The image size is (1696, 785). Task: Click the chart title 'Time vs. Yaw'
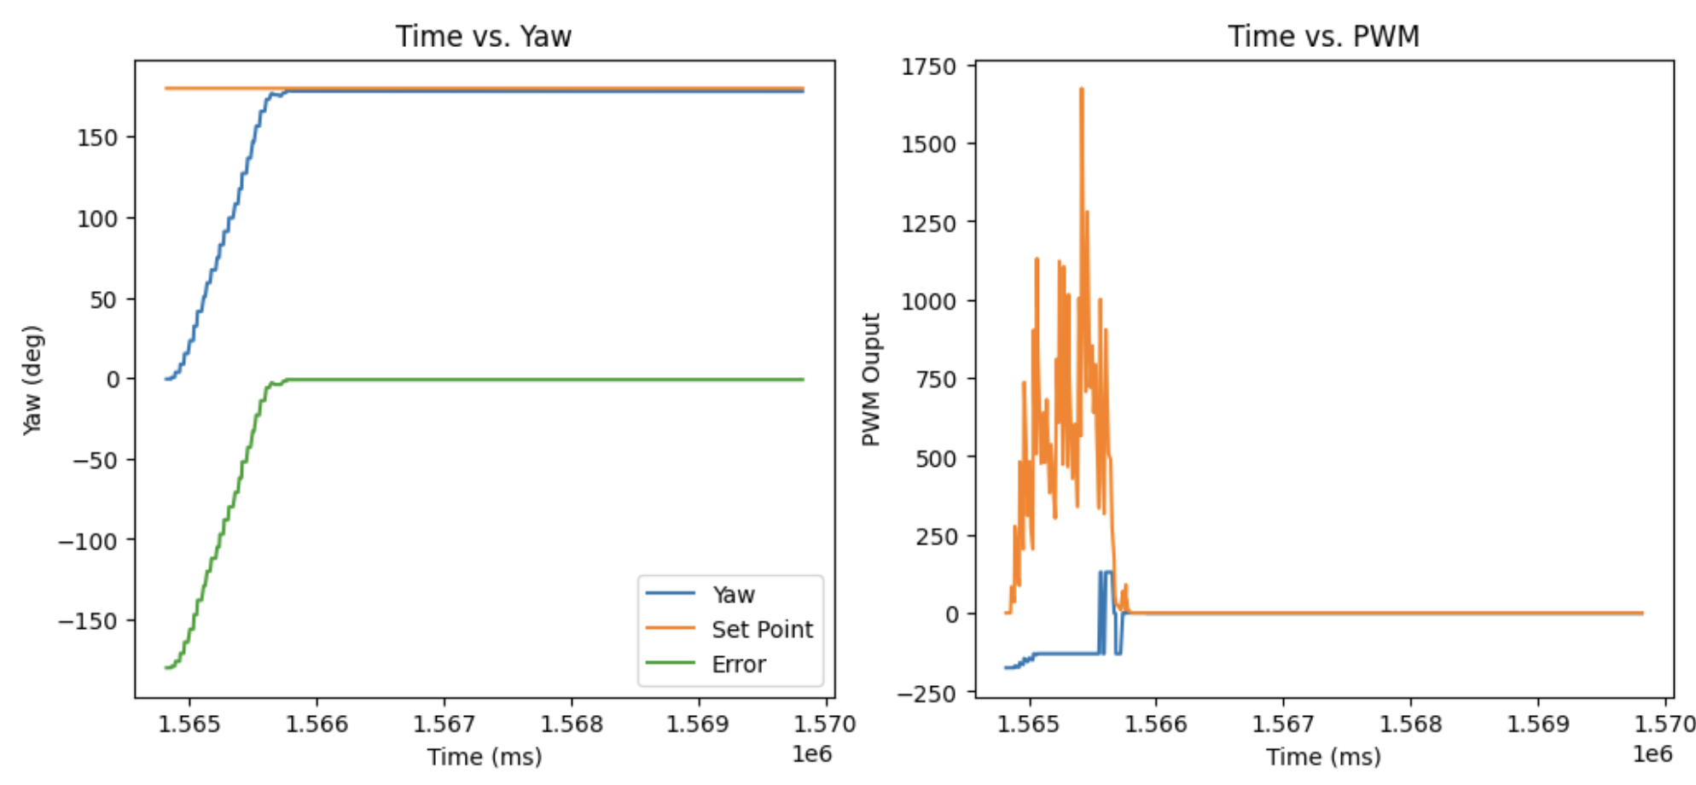click(x=483, y=36)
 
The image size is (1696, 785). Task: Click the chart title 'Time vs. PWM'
click(x=1323, y=36)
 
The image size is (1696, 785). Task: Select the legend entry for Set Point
click(x=762, y=630)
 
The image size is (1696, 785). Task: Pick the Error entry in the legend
click(x=739, y=665)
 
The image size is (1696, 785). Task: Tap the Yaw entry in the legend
click(x=734, y=595)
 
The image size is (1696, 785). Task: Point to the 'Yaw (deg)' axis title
click(x=32, y=380)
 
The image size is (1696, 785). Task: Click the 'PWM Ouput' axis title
click(x=871, y=380)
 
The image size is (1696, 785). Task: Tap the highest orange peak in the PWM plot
click(x=1081, y=89)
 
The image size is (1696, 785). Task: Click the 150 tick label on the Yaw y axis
click(x=96, y=138)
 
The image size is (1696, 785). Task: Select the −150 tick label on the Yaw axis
click(x=87, y=621)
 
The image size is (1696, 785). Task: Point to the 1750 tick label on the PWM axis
click(x=928, y=67)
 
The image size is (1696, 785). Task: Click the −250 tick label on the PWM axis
click(x=926, y=694)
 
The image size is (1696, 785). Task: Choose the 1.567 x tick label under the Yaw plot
click(x=444, y=724)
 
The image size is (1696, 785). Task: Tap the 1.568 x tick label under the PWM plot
click(x=1410, y=724)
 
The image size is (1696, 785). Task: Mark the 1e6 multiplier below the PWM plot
click(x=1652, y=754)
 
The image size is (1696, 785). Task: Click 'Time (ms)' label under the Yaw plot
click(x=485, y=757)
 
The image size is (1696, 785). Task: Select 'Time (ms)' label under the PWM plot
click(x=1323, y=757)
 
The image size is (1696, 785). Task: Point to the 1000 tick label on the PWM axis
click(x=928, y=301)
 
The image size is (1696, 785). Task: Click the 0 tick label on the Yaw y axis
click(x=113, y=380)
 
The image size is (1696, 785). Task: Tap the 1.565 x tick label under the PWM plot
click(x=1030, y=724)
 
